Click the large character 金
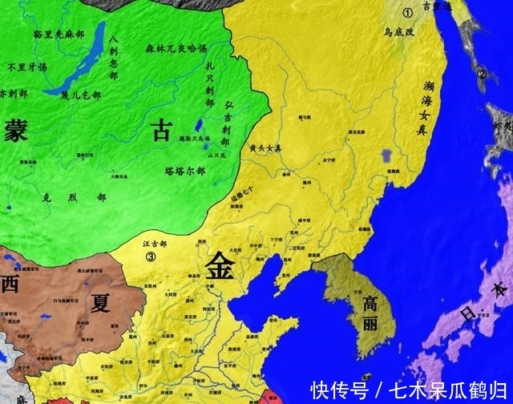221,265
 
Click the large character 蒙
15,128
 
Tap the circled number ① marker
407,12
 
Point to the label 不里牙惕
27,67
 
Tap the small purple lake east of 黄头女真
390,152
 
